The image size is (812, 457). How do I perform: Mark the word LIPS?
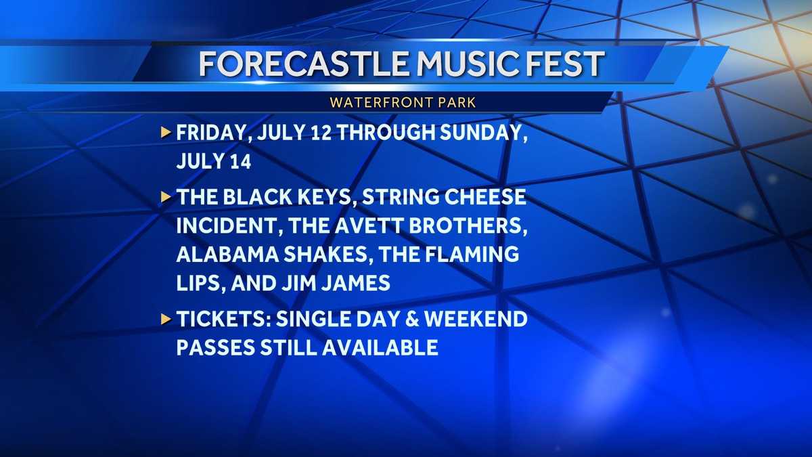click(x=199, y=283)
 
